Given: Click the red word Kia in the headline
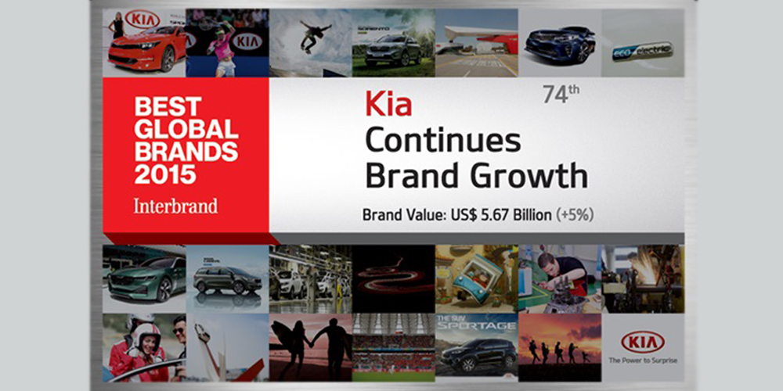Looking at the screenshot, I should [388, 103].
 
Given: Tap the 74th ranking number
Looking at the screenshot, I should [561, 95].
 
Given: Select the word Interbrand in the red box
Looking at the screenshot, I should [175, 206].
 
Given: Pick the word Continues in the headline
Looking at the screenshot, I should [442, 141].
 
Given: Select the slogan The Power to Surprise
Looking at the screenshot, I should [642, 361].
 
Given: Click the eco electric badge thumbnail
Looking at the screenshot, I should [642, 51].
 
